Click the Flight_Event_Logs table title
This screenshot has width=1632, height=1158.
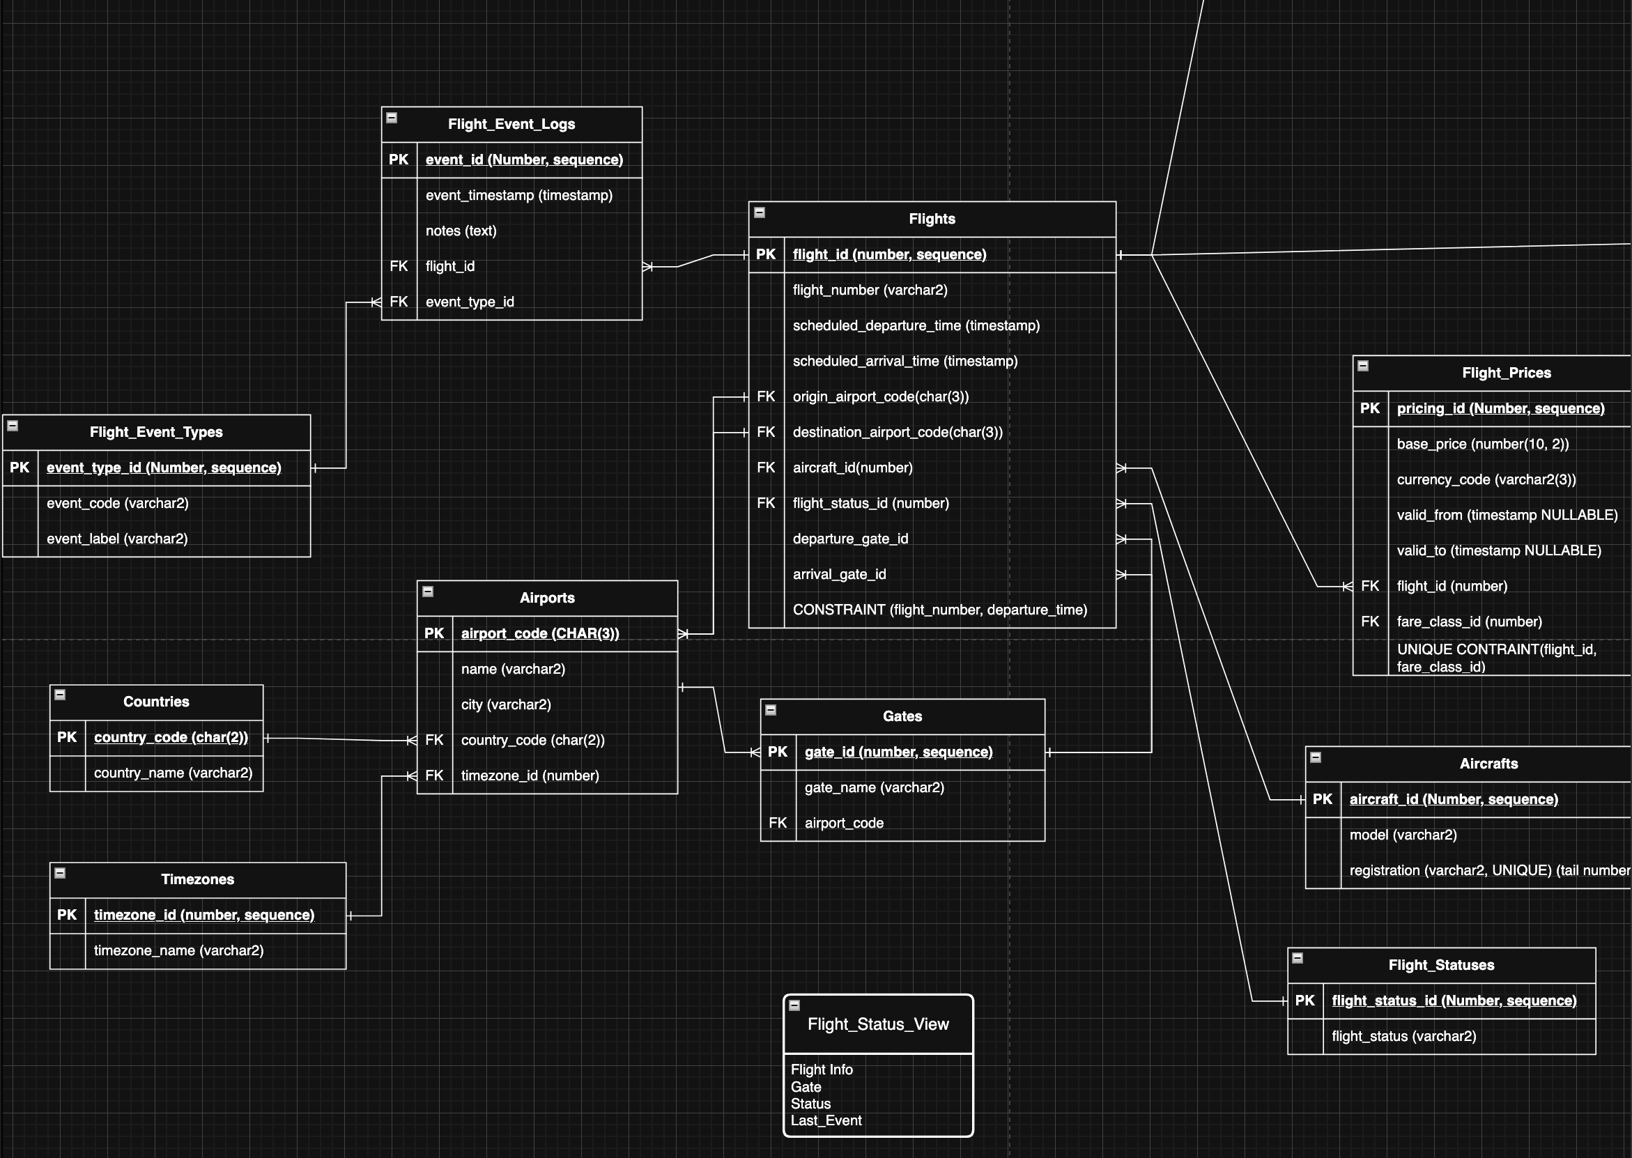point(511,124)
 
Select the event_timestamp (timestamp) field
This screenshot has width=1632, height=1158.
point(518,195)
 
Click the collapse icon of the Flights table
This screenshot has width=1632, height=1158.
point(760,213)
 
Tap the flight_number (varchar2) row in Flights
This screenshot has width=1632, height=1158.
point(869,291)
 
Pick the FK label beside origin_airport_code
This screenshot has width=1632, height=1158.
point(766,396)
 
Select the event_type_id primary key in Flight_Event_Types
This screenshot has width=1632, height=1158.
point(163,468)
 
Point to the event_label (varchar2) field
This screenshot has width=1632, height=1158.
point(117,539)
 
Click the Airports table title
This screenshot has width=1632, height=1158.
point(547,599)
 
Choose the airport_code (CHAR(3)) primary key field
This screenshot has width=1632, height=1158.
point(540,634)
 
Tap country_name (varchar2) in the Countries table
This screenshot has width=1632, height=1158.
point(173,773)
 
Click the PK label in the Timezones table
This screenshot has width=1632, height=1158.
point(67,915)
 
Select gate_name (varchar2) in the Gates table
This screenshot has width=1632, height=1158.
point(874,788)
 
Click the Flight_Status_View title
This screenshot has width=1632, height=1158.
point(878,1025)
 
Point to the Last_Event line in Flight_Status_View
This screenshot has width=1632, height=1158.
point(826,1121)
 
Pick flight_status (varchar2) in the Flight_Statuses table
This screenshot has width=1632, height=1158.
point(1403,1037)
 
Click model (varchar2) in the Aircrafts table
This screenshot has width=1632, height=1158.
point(1403,835)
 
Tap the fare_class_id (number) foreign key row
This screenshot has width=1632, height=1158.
point(1469,622)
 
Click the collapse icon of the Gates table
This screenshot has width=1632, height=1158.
point(771,710)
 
